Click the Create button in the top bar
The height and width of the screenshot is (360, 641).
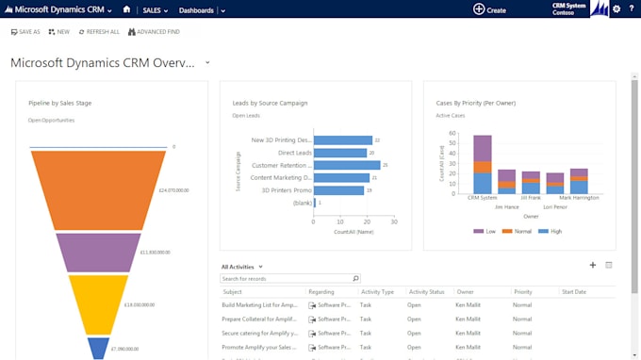[489, 9]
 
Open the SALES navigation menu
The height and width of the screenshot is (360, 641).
[155, 10]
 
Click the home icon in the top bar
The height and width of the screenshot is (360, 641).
[126, 9]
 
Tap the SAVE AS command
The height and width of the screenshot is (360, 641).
[25, 32]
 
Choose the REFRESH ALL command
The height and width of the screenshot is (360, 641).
[99, 32]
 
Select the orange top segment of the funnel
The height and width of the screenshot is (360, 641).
[98, 188]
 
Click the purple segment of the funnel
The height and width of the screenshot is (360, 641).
[98, 253]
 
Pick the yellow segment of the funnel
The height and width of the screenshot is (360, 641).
[98, 303]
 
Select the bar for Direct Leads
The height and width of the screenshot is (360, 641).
[339, 153]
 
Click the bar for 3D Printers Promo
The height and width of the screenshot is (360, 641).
[338, 190]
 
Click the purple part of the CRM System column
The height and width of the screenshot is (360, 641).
[483, 148]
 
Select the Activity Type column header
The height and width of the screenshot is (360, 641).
[377, 292]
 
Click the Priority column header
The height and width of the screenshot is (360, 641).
[522, 292]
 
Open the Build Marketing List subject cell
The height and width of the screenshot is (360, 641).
[259, 305]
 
